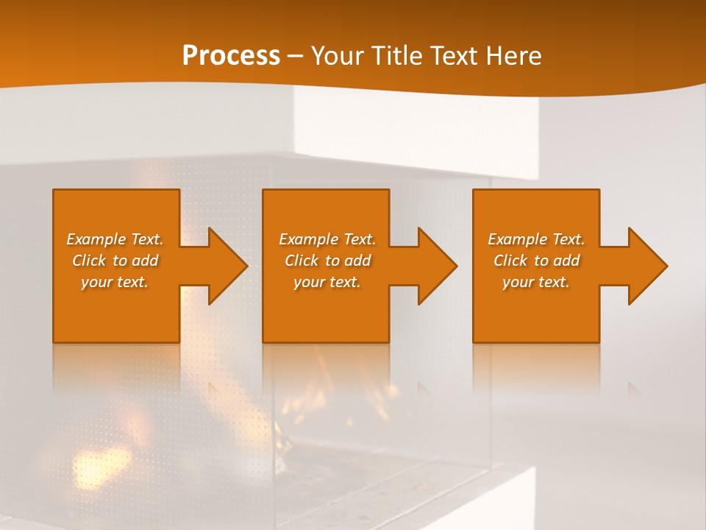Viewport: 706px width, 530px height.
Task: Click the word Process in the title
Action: pyautogui.click(x=231, y=56)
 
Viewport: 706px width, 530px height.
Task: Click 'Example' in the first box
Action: pyautogui.click(x=96, y=239)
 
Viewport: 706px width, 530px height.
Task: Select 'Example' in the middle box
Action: pyautogui.click(x=308, y=239)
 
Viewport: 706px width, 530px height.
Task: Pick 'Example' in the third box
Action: pyautogui.click(x=517, y=239)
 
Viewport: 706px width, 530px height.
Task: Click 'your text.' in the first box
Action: pyautogui.click(x=115, y=282)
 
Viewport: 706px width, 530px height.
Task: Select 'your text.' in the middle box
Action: pyautogui.click(x=327, y=282)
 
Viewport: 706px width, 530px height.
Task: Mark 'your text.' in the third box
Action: pyautogui.click(x=536, y=282)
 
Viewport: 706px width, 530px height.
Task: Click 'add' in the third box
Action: pyautogui.click(x=566, y=261)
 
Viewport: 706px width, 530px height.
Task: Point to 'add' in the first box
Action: pyautogui.click(x=144, y=261)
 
